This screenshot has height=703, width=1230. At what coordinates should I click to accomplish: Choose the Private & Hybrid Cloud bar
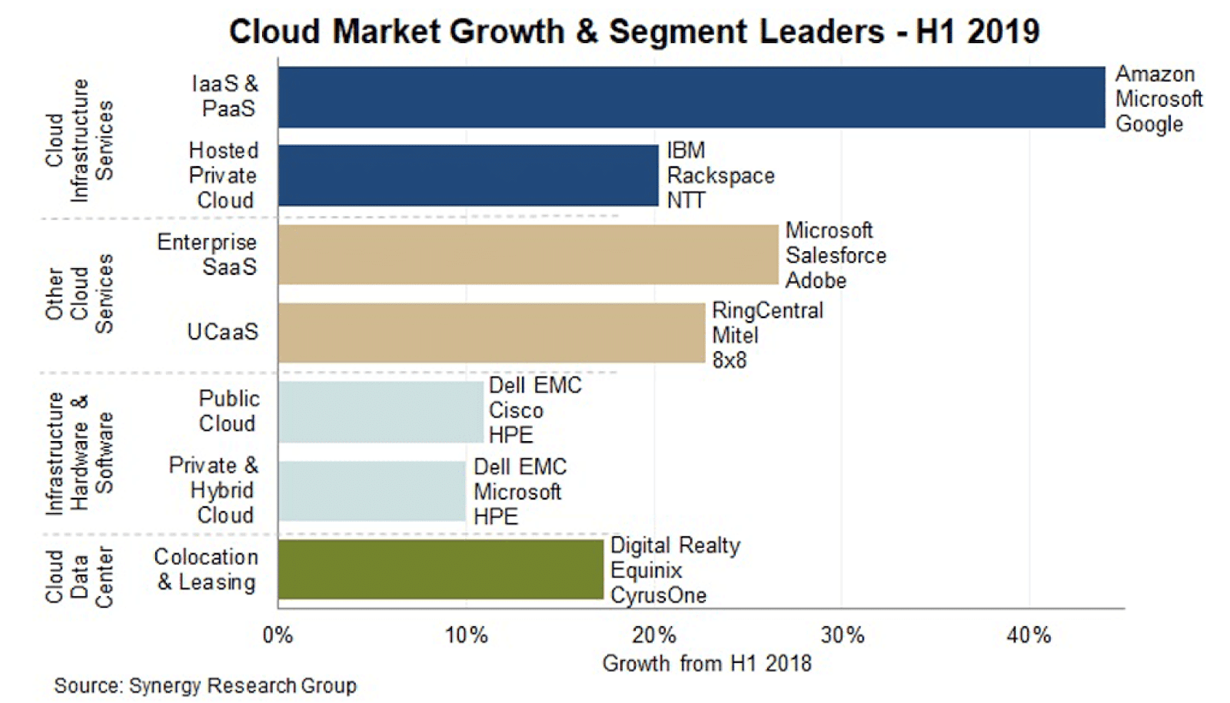[371, 491]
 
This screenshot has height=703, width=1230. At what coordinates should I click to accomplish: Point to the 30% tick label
[842, 635]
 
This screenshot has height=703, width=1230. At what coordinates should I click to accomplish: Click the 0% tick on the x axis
[278, 635]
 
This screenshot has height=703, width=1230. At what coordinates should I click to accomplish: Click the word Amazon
[1155, 75]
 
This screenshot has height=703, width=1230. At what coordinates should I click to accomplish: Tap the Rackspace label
[720, 176]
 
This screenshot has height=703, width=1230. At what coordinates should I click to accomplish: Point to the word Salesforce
[836, 256]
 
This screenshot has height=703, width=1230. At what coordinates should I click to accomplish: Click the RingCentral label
[767, 310]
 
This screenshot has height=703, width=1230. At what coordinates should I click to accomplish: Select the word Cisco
[516, 410]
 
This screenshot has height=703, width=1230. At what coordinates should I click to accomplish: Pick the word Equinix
[646, 571]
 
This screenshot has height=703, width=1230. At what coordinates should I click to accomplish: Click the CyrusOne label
[658, 595]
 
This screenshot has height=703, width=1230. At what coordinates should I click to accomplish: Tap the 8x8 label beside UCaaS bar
[729, 360]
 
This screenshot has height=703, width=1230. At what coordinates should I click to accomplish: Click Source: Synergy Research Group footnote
[204, 685]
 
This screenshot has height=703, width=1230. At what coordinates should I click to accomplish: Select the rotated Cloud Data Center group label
[79, 576]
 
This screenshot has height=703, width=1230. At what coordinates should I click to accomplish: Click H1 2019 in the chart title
[977, 32]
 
